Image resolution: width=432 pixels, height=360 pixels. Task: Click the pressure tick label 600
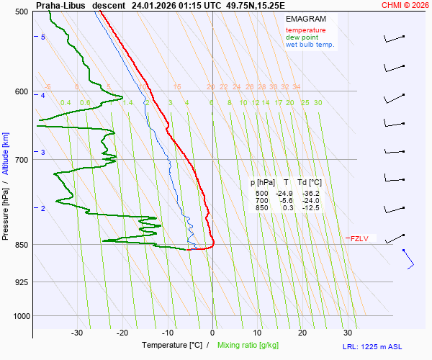click(x=20, y=91)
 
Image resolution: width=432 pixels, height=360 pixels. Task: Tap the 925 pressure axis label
click(x=20, y=282)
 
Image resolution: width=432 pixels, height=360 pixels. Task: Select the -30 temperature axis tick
click(x=77, y=333)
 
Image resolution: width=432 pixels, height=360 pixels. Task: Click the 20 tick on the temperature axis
click(x=302, y=333)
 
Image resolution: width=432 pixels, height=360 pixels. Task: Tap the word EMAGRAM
click(x=306, y=19)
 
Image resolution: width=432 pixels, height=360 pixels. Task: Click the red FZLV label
click(x=359, y=238)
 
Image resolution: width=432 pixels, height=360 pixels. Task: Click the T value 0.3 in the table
click(x=288, y=208)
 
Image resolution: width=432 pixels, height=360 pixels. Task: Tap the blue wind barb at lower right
click(x=408, y=259)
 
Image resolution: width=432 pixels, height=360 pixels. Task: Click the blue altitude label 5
click(x=42, y=37)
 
